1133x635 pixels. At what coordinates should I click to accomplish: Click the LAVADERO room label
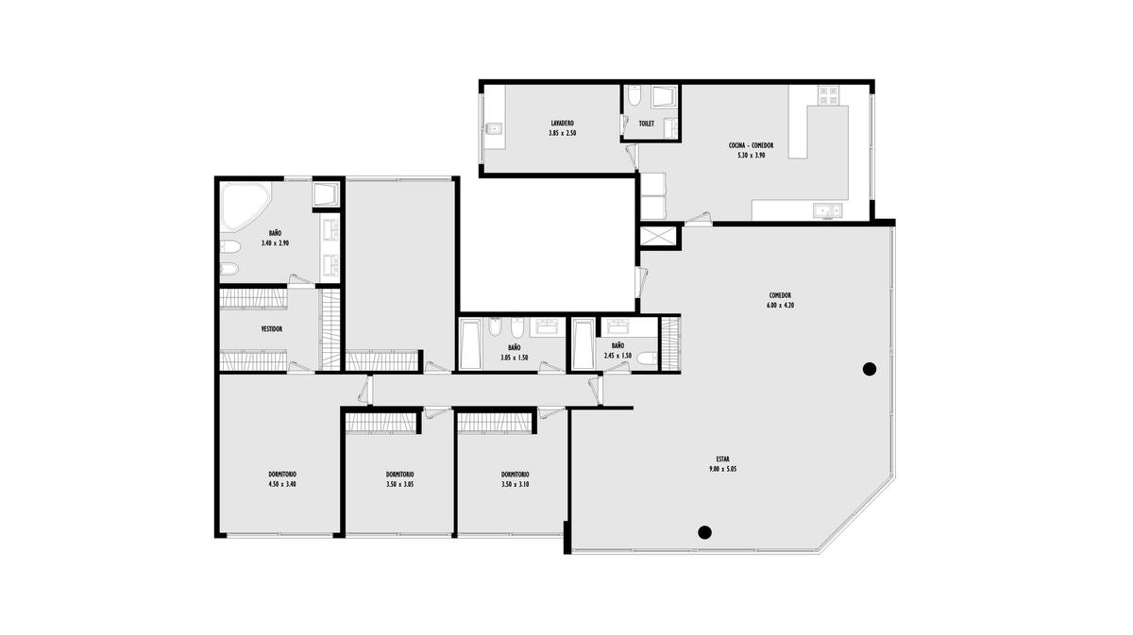[562, 124]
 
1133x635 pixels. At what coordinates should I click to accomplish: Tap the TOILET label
[646, 124]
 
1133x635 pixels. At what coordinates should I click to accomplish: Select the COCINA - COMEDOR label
[751, 145]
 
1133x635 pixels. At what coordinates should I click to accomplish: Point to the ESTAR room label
[722, 460]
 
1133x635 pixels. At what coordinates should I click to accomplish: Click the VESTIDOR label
[272, 329]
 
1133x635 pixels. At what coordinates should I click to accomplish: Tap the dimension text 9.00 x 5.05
[722, 469]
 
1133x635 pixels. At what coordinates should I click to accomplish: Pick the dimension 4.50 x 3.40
[282, 484]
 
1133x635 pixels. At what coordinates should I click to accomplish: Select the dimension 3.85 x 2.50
[562, 133]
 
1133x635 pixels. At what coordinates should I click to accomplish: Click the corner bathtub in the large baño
[244, 207]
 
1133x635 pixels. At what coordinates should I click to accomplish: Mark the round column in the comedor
[869, 370]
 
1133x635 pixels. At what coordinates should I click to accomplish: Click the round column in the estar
[704, 532]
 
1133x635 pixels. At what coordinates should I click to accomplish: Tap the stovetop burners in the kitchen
[829, 95]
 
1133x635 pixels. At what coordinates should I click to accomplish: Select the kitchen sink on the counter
[827, 209]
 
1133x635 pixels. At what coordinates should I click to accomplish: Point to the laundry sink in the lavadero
[494, 129]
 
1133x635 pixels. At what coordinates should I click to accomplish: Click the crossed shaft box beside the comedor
[658, 237]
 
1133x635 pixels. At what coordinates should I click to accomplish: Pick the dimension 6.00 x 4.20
[780, 306]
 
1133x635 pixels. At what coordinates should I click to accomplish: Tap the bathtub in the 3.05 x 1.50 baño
[470, 343]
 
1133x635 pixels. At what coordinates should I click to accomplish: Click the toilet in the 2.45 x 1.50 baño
[647, 359]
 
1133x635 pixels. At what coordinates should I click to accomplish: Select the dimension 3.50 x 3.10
[515, 484]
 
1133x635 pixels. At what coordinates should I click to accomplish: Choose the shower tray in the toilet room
[664, 96]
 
